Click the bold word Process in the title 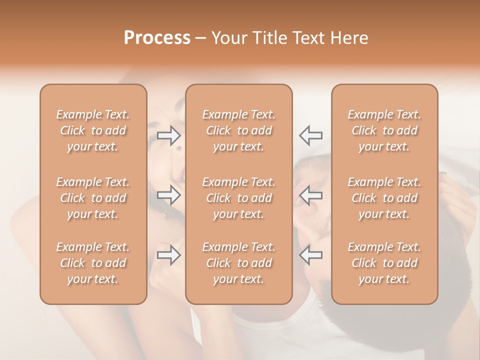pyautogui.click(x=157, y=38)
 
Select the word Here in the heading pyautogui.click(x=348, y=38)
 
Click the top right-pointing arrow pyautogui.click(x=169, y=135)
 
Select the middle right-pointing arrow pyautogui.click(x=169, y=195)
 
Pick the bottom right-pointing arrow pyautogui.click(x=169, y=255)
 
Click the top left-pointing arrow pyautogui.click(x=310, y=135)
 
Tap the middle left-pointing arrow pyautogui.click(x=310, y=195)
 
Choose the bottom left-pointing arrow pyautogui.click(x=310, y=255)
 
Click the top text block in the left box pyautogui.click(x=93, y=130)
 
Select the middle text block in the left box pyautogui.click(x=93, y=198)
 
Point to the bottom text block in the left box pyautogui.click(x=93, y=263)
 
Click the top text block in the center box pyautogui.click(x=238, y=130)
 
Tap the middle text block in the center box pyautogui.click(x=238, y=198)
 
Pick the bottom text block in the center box pyautogui.click(x=238, y=263)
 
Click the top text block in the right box pyautogui.click(x=384, y=130)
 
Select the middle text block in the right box pyautogui.click(x=384, y=198)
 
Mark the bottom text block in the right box pyautogui.click(x=384, y=263)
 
